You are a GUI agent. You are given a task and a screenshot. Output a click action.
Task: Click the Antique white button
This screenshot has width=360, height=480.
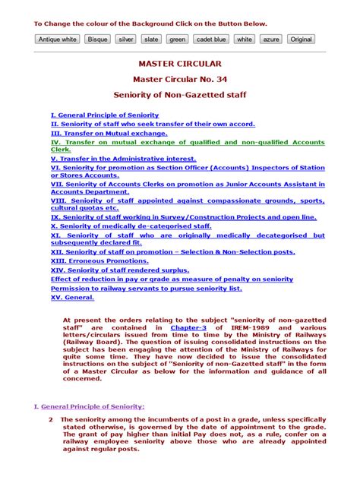(x=58, y=39)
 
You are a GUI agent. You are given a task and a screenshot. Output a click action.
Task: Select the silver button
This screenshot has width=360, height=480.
(x=125, y=39)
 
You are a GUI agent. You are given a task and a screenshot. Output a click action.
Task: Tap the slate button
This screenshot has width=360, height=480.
(x=151, y=39)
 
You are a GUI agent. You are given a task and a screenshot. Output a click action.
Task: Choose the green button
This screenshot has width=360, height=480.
(x=177, y=39)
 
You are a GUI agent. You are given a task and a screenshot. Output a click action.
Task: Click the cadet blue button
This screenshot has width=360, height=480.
(x=210, y=39)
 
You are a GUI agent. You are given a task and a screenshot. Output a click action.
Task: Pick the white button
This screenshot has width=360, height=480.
(x=245, y=39)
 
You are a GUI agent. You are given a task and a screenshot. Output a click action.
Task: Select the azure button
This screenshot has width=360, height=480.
(x=270, y=39)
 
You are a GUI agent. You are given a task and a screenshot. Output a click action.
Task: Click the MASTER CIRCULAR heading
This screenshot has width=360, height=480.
(x=180, y=64)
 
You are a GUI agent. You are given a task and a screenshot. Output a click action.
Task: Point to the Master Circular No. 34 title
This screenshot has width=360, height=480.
(x=179, y=80)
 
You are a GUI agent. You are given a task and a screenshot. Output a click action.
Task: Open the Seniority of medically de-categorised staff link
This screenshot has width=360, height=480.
(x=119, y=226)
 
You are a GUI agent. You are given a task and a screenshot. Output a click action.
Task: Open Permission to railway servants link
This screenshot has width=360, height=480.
(x=146, y=288)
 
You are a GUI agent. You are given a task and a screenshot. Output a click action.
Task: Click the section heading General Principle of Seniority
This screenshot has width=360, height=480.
(x=93, y=406)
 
